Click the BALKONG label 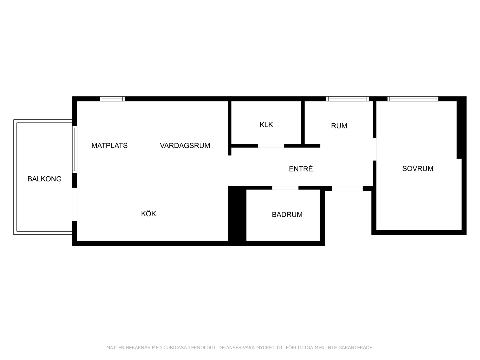pyautogui.click(x=44, y=179)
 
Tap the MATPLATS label pyautogui.click(x=109, y=145)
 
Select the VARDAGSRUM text pyautogui.click(x=185, y=145)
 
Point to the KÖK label pyautogui.click(x=148, y=213)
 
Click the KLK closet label pyautogui.click(x=266, y=125)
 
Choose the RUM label pyautogui.click(x=339, y=126)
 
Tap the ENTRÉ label pyautogui.click(x=301, y=169)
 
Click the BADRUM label pyautogui.click(x=287, y=214)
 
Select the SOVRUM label pyautogui.click(x=418, y=168)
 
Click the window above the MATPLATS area pyautogui.click(x=112, y=99)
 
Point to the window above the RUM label pyautogui.click(x=347, y=99)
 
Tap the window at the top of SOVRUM pyautogui.click(x=413, y=99)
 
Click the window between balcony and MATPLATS pyautogui.click(x=75, y=150)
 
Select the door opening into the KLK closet pyautogui.click(x=271, y=146)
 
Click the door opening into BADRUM pyautogui.click(x=285, y=188)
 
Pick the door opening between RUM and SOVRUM pyautogui.click(x=375, y=149)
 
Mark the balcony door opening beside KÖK pyautogui.click(x=75, y=204)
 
